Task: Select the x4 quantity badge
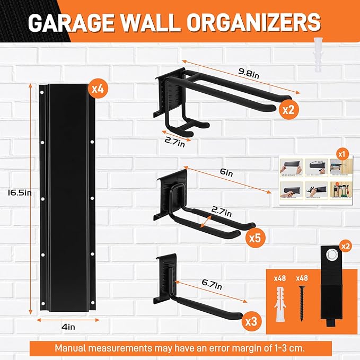coord(97,88)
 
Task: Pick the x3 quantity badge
coord(251,321)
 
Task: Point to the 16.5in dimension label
coord(17,192)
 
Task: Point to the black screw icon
coord(302,302)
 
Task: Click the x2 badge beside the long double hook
coord(288,110)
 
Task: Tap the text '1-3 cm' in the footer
coord(286,348)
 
